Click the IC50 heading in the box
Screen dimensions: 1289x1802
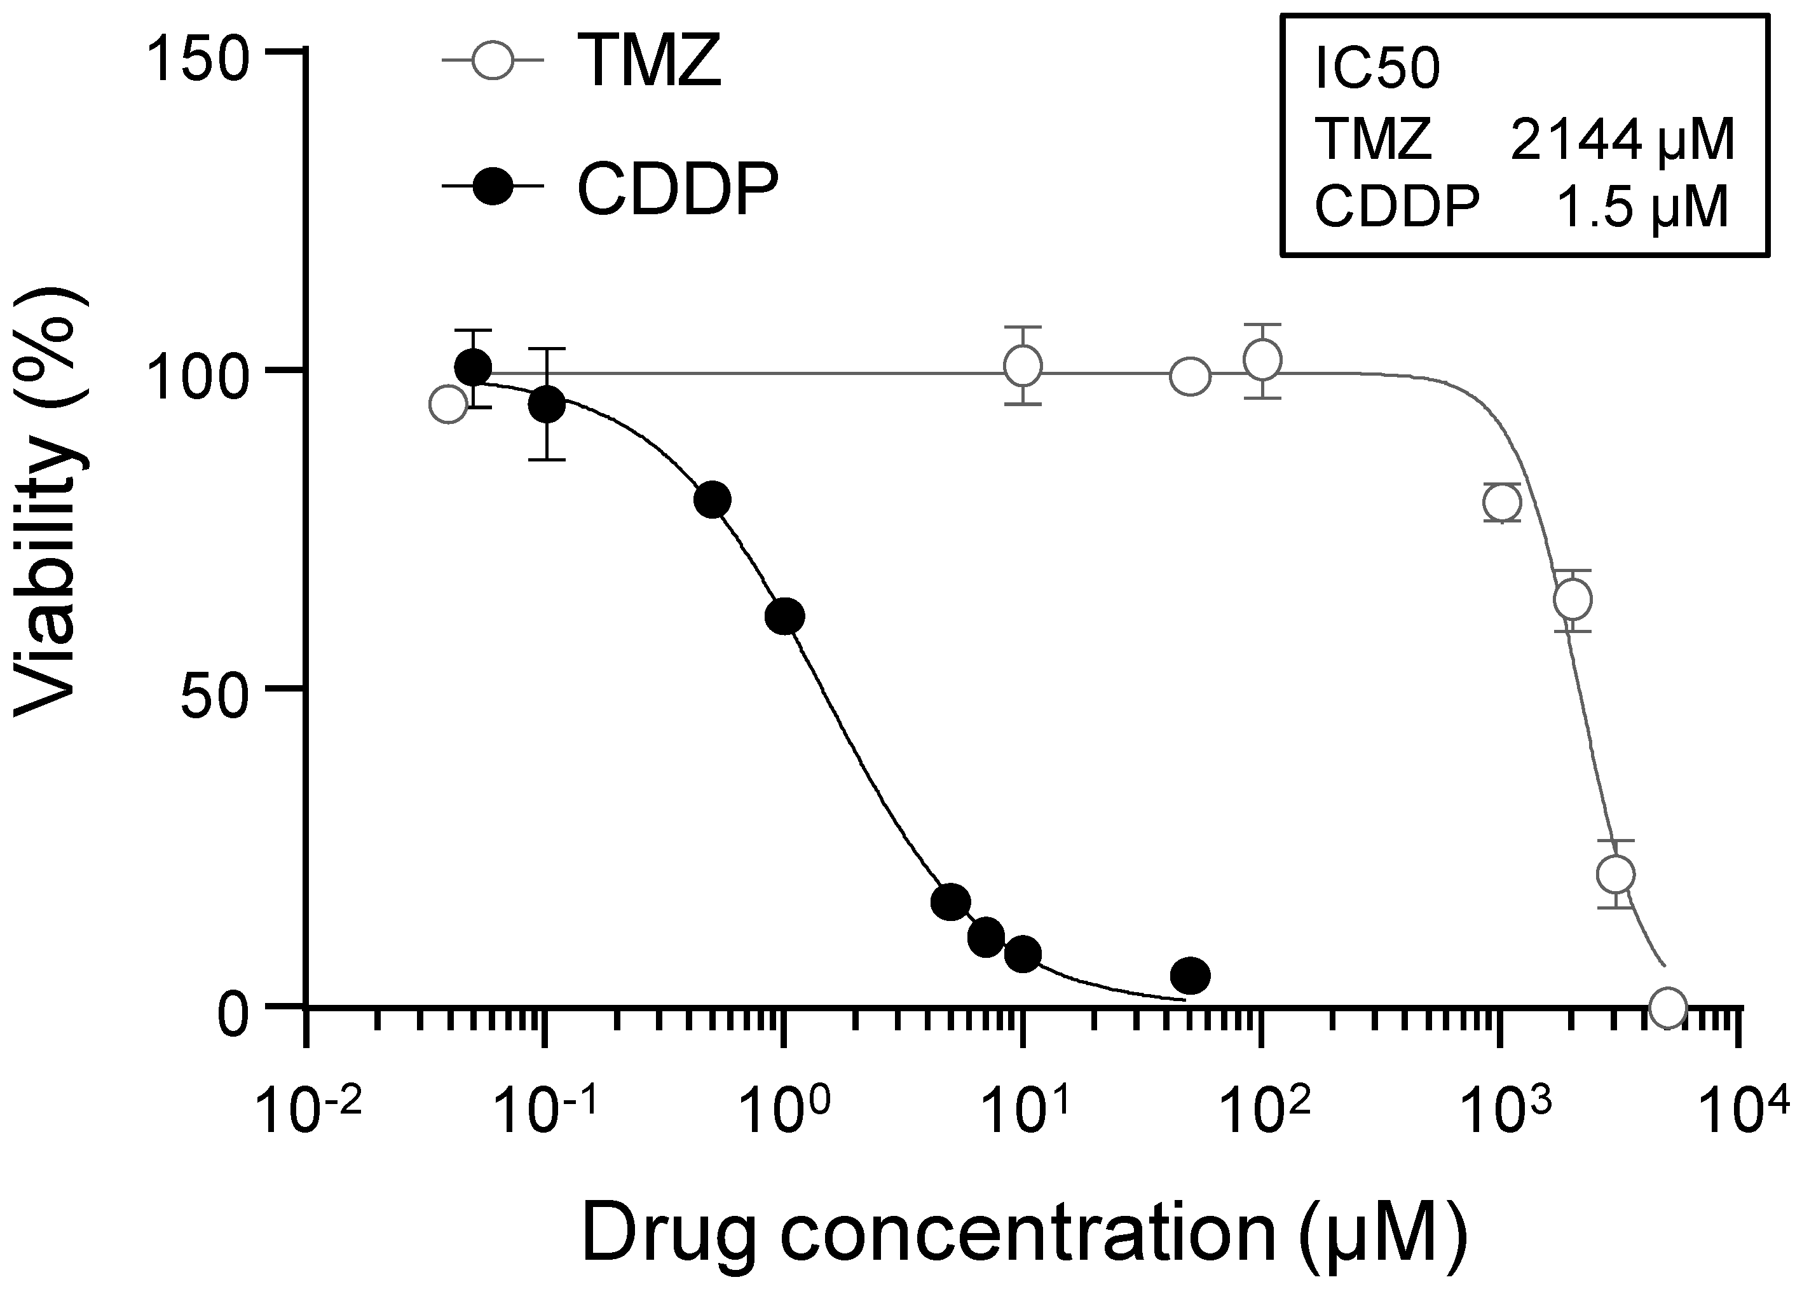coord(1377,71)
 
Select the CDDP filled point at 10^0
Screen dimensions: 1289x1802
coord(784,616)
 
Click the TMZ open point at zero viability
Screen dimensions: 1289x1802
coord(1667,1006)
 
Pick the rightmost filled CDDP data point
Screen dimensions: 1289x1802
coord(1190,976)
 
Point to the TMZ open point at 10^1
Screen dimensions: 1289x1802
coord(1023,366)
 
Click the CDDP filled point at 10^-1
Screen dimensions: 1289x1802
coord(546,405)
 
